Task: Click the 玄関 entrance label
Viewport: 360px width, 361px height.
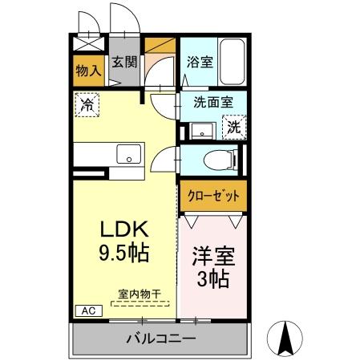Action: tap(123, 62)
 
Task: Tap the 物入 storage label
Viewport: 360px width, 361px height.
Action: tap(87, 70)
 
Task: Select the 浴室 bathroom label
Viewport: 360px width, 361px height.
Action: tap(200, 61)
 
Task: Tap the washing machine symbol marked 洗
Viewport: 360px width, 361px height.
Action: tap(233, 126)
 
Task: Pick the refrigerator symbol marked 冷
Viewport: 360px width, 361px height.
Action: tap(87, 103)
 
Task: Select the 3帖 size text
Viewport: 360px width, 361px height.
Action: tap(212, 280)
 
